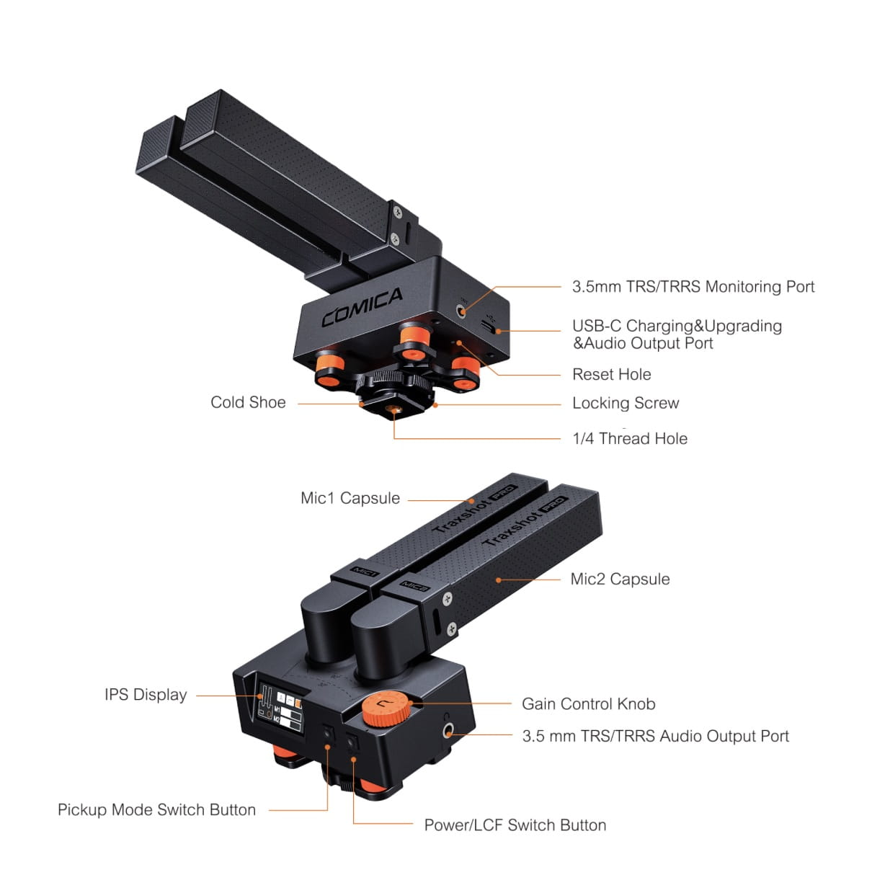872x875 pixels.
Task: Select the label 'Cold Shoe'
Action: pyautogui.click(x=248, y=402)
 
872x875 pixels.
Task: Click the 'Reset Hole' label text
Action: pyautogui.click(x=611, y=375)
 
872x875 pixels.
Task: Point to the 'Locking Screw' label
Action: pyautogui.click(x=626, y=403)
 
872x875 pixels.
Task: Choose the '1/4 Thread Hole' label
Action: pyautogui.click(x=630, y=439)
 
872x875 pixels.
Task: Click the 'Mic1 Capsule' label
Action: pyautogui.click(x=350, y=498)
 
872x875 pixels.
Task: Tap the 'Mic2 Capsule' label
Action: pyautogui.click(x=620, y=579)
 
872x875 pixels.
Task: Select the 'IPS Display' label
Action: pyautogui.click(x=146, y=694)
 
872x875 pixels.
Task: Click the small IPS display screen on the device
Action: pyautogui.click(x=280, y=709)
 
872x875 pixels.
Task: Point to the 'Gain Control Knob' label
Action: pyautogui.click(x=589, y=703)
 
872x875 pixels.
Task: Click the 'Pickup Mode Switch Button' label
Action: pyautogui.click(x=156, y=809)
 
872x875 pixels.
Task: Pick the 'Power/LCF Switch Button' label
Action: pyautogui.click(x=515, y=825)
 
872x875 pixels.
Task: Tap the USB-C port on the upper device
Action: pyautogui.click(x=488, y=327)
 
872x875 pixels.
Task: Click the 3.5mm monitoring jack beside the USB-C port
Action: pyautogui.click(x=461, y=312)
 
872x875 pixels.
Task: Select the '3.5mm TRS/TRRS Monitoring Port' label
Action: pyautogui.click(x=693, y=287)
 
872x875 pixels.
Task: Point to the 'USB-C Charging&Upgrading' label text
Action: pyautogui.click(x=677, y=326)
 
